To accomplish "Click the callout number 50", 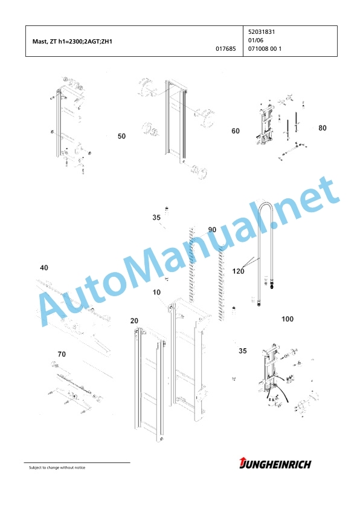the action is (x=121, y=137).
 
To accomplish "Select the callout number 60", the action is (x=236, y=131).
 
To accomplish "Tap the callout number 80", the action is (x=323, y=128).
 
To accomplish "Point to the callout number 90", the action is (x=212, y=230).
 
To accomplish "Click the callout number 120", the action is (x=239, y=271).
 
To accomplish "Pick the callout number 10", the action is (x=156, y=293).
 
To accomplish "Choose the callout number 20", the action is (x=134, y=321).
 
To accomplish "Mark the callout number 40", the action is (x=43, y=268).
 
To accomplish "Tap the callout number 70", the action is (x=62, y=354).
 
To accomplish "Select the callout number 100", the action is (x=288, y=319).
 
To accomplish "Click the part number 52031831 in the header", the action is (x=262, y=32).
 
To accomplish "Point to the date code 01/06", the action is (x=256, y=41).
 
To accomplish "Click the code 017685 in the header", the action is (x=226, y=49).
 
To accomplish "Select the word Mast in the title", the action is (x=38, y=42).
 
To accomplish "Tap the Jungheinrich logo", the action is (x=275, y=464).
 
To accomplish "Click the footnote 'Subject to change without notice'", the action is (x=57, y=468).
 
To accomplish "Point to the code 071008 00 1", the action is (x=265, y=49).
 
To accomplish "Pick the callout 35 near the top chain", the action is (x=156, y=218).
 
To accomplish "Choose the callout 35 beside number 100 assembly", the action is (x=243, y=351).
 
